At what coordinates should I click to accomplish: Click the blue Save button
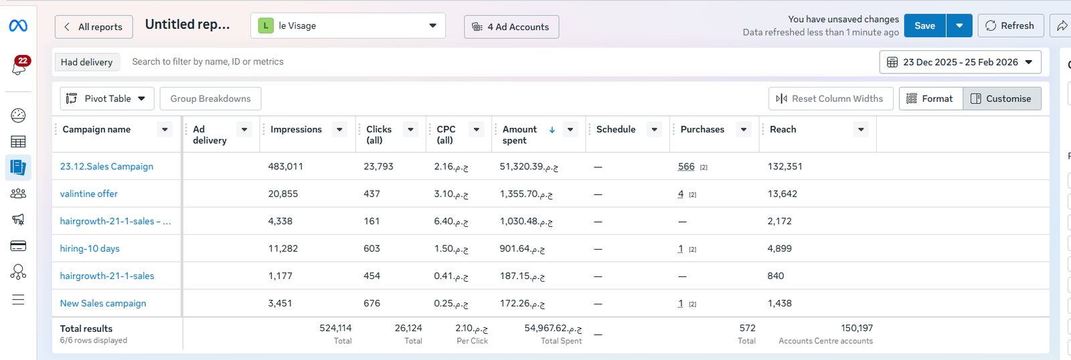(924, 26)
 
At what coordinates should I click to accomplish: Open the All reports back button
(94, 27)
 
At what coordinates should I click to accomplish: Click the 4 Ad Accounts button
(511, 27)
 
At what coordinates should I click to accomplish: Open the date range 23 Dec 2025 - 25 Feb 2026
(960, 62)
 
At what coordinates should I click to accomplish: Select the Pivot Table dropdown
(107, 98)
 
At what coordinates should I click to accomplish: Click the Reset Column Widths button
(831, 98)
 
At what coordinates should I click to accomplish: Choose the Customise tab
(1001, 98)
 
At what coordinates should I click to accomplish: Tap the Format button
(930, 98)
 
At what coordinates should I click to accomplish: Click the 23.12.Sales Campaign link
(106, 167)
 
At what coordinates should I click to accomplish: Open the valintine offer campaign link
(88, 193)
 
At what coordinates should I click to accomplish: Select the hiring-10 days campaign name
(90, 249)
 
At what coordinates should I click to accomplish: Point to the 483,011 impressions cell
(285, 167)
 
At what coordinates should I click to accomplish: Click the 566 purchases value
(686, 167)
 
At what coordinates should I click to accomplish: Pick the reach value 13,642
(782, 193)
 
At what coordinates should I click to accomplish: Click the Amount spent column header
(519, 134)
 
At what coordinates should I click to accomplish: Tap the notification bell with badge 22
(19, 66)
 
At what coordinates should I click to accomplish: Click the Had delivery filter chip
(86, 62)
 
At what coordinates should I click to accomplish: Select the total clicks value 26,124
(408, 328)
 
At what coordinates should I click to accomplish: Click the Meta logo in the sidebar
(18, 26)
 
